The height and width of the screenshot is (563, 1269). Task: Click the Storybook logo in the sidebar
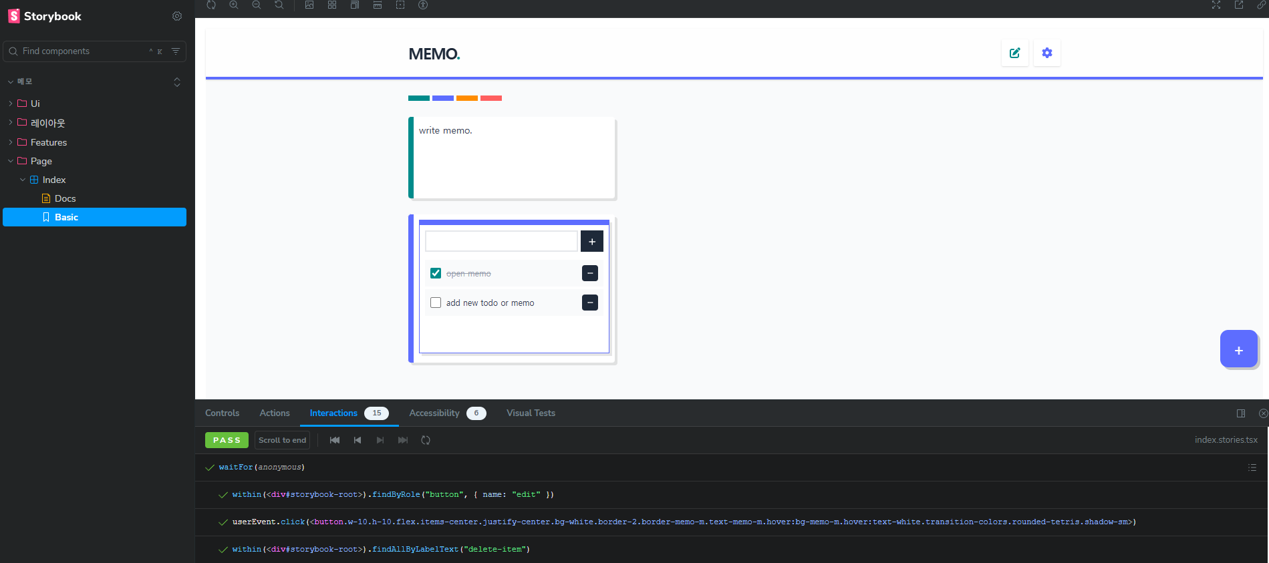pos(44,16)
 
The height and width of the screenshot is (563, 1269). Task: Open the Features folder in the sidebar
pos(48,142)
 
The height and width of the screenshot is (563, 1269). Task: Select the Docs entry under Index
pos(65,198)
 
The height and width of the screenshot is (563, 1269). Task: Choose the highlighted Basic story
pos(66,217)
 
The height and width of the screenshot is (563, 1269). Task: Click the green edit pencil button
pos(1014,53)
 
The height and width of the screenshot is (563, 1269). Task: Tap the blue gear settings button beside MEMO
pos(1046,53)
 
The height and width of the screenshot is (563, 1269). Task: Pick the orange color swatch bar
pos(466,98)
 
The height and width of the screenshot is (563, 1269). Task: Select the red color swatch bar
pos(490,98)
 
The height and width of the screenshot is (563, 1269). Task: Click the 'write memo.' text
pos(446,131)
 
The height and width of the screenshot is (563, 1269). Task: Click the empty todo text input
pos(501,241)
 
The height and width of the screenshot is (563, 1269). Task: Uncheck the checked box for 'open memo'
pos(436,273)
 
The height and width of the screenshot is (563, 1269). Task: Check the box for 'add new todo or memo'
pos(436,303)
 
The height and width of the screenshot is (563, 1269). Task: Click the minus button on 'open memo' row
pos(589,273)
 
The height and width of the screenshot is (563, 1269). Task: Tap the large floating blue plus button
pos(1238,349)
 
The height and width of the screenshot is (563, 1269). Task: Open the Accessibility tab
pos(434,413)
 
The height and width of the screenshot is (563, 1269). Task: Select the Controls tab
pos(222,413)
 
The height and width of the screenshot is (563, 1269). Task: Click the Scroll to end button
pos(282,440)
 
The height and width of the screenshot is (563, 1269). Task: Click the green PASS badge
pos(227,440)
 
